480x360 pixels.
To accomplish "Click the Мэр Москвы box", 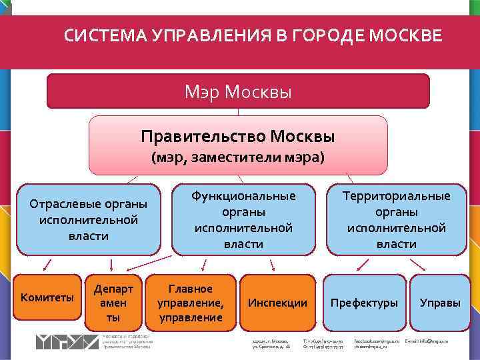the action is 238,91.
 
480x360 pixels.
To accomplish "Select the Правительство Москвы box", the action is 238,145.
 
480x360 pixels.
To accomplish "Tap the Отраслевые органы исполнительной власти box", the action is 89,219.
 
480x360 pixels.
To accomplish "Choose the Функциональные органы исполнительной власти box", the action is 243,219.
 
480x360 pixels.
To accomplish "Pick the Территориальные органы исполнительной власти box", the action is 397,219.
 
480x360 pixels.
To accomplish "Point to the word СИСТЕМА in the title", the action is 97,35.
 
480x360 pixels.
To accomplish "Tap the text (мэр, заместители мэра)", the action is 238,158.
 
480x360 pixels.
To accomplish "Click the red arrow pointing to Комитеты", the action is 47,265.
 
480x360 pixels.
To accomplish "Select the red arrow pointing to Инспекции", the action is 261,265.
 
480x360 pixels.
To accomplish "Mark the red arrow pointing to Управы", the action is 418,265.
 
